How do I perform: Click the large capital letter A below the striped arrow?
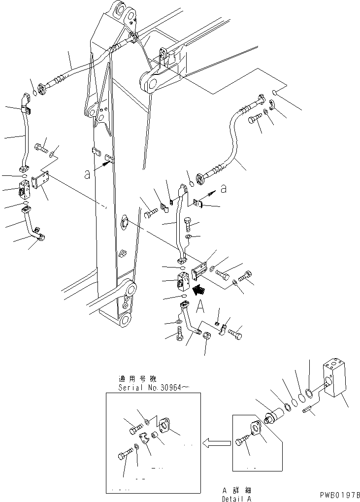tap(201, 307)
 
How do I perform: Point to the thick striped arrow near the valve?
tap(199, 291)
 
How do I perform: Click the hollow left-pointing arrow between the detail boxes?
tap(217, 443)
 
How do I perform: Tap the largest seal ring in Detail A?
tap(308, 393)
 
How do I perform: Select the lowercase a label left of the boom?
tap(87, 173)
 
